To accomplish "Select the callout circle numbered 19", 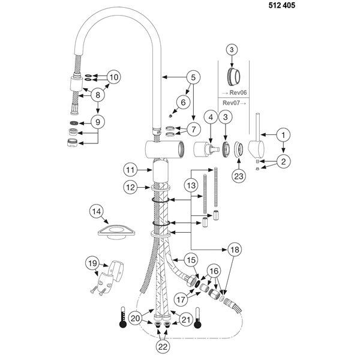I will point(93,263).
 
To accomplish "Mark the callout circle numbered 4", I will point(210,118).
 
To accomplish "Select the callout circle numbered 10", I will point(113,77).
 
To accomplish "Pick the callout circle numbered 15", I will point(191,260).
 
